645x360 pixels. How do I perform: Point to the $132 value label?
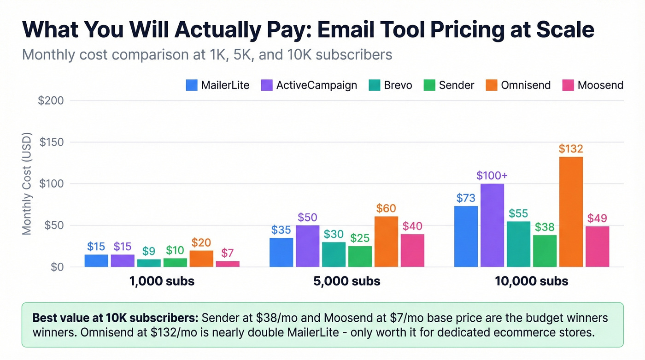571,149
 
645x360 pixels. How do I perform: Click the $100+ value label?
492,176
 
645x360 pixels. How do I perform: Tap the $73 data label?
466,198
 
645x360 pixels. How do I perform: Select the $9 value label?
149,251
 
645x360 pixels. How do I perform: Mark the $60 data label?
386,208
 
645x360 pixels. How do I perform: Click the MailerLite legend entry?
218,85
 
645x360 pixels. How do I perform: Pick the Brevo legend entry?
391,85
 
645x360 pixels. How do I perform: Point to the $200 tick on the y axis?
51,100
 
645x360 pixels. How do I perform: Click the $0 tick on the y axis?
55,267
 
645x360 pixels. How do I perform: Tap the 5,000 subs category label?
347,281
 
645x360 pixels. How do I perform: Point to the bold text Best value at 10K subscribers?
116,318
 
